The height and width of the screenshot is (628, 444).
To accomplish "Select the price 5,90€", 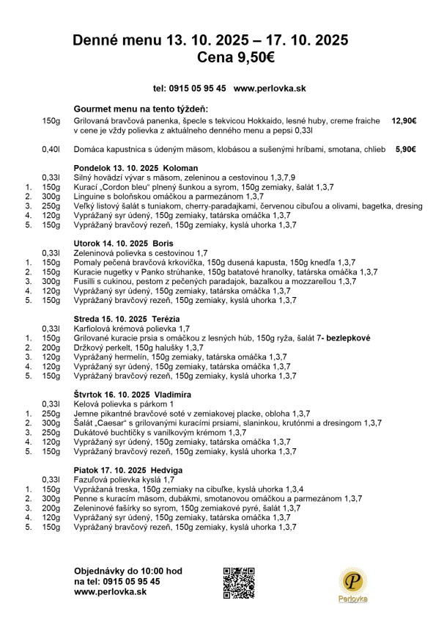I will tap(405, 149).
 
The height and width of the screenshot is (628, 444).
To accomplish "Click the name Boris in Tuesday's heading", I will tap(163, 243).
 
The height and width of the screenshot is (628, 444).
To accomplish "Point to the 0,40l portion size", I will tap(51, 149).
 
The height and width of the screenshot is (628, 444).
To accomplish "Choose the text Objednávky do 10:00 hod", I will tap(128, 571).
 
